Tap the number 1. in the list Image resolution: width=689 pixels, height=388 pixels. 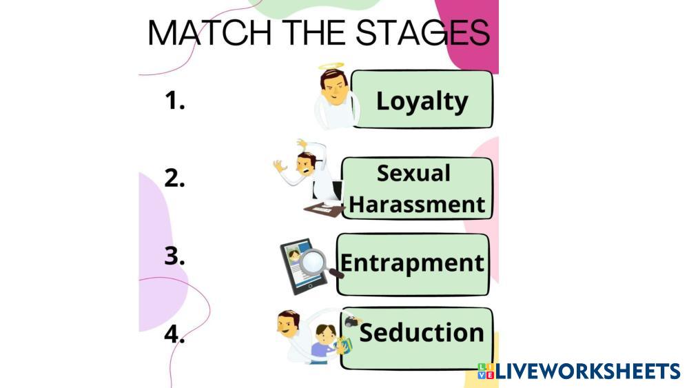click(x=175, y=101)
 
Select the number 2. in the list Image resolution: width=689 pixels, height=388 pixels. click(x=175, y=178)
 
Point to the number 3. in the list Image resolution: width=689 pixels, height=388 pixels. click(x=175, y=256)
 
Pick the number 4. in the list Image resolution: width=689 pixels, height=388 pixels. click(x=175, y=334)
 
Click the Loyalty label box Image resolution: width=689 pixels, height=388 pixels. click(x=422, y=100)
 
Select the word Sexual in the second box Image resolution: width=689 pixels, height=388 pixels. click(x=413, y=173)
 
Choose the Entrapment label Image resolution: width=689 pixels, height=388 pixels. click(x=412, y=263)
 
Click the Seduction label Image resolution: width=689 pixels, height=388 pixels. click(x=421, y=332)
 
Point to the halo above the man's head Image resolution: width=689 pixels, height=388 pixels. click(x=331, y=68)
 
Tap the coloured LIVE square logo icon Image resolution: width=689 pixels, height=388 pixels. click(x=486, y=371)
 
